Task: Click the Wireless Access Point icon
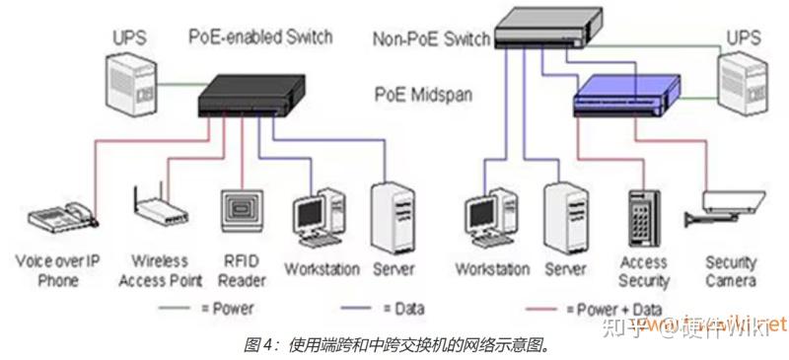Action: coord(158,208)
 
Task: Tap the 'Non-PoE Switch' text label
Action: coord(432,39)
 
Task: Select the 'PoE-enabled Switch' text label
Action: coord(260,37)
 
